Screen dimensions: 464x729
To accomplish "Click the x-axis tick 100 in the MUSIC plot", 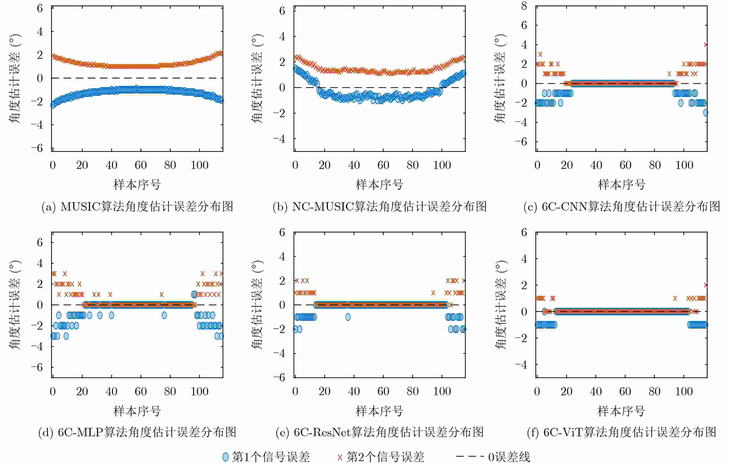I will click(199, 165).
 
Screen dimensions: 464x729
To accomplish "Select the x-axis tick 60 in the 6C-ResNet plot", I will click(383, 391).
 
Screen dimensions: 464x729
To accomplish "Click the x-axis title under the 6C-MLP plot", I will click(137, 411).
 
